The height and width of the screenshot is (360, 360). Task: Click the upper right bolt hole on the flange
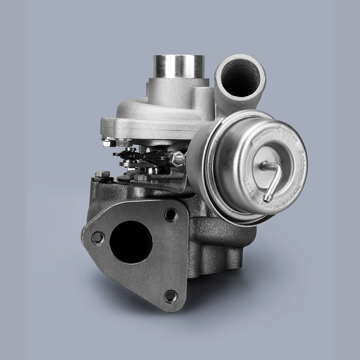[171, 215]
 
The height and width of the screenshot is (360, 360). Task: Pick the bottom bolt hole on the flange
[170, 296]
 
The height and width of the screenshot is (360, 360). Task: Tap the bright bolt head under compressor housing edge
[107, 143]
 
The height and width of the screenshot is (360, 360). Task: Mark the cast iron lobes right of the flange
[216, 245]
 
